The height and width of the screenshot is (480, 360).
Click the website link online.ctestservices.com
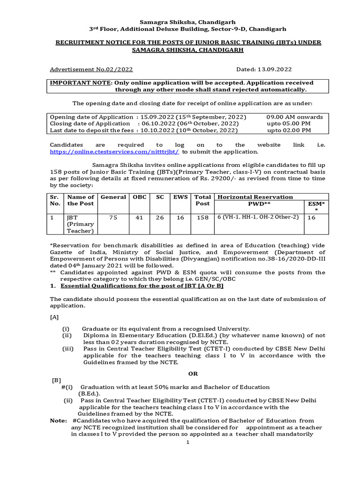coord(115,152)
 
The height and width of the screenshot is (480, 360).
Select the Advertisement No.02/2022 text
coord(91,69)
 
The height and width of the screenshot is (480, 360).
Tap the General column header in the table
coord(113,197)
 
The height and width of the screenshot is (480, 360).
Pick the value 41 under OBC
coord(139,217)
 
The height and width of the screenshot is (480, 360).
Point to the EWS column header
coord(180,197)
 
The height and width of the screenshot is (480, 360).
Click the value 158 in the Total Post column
coord(202,217)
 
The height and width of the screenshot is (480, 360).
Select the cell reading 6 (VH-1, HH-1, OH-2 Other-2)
coord(258,217)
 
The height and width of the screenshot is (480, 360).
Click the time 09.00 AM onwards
coord(294,117)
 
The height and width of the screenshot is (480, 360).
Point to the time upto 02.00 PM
coord(289,130)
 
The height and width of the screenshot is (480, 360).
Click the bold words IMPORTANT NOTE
coord(81,82)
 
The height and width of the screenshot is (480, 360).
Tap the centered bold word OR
coord(193,374)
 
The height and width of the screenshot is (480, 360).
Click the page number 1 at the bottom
coord(187,442)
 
